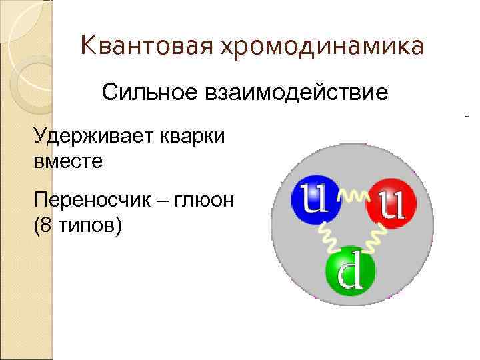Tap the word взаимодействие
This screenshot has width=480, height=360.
[x=291, y=92]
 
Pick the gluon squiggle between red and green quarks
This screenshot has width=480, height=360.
[x=375, y=235]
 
